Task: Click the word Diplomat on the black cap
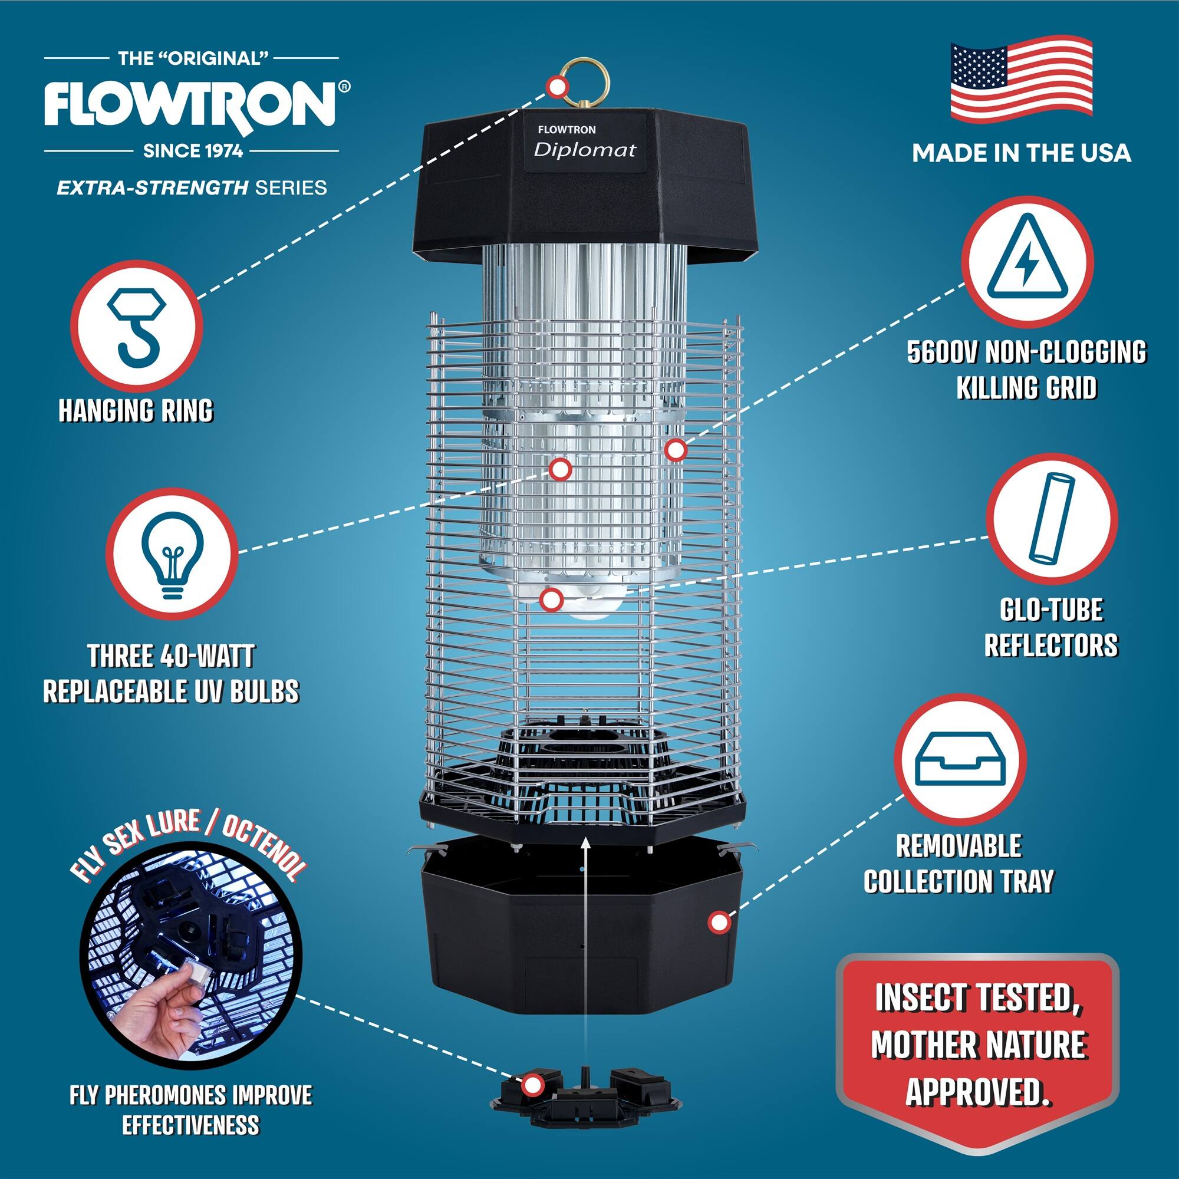(x=585, y=150)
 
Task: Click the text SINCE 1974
(x=193, y=151)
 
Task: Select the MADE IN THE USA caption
(x=1021, y=153)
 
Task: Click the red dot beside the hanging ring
(x=555, y=87)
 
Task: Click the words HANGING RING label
(x=136, y=410)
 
